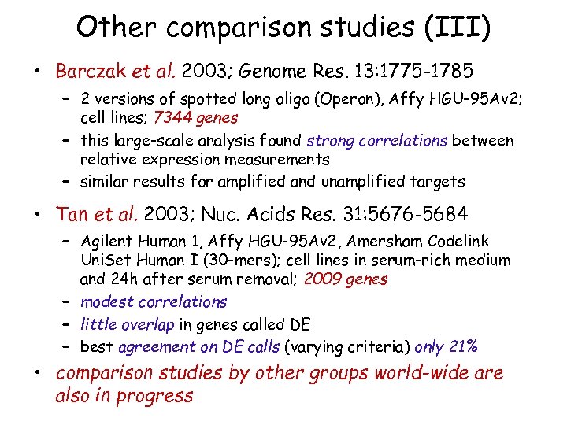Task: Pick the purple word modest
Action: click(x=106, y=301)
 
